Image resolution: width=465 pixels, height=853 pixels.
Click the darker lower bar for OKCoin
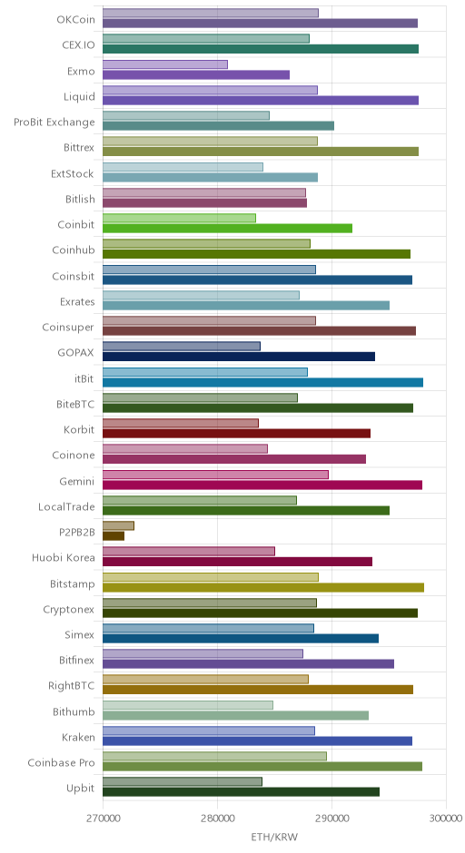(x=261, y=24)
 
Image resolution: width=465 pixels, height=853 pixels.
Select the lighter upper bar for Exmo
(x=165, y=64)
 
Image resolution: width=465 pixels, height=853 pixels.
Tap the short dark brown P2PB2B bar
(x=114, y=536)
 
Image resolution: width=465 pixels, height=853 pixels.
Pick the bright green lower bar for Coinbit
(x=228, y=229)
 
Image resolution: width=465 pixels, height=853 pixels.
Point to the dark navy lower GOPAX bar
(x=239, y=357)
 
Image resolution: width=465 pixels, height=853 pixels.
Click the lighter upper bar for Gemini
(x=215, y=475)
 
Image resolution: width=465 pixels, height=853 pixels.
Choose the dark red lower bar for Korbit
(x=237, y=434)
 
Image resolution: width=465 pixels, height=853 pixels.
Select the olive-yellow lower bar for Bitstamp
(x=263, y=587)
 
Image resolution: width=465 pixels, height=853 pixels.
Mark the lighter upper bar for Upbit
(x=183, y=781)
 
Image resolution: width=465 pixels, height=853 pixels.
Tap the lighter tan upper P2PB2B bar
(x=118, y=526)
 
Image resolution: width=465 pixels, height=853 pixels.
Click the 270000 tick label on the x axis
(x=103, y=819)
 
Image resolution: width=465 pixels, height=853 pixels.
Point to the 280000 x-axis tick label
(x=217, y=819)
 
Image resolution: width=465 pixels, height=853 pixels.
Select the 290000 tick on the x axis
(x=331, y=819)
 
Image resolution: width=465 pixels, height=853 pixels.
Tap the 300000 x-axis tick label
(x=447, y=819)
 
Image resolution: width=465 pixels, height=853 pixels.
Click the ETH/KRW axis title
(x=274, y=837)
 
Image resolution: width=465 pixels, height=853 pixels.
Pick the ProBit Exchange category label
(x=54, y=123)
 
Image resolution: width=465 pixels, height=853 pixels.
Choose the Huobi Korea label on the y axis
(x=64, y=557)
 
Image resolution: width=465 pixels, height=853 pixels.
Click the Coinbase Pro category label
(x=62, y=762)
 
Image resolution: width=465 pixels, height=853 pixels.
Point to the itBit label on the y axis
(x=84, y=378)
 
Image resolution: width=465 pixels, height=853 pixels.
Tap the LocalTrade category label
(x=66, y=507)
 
